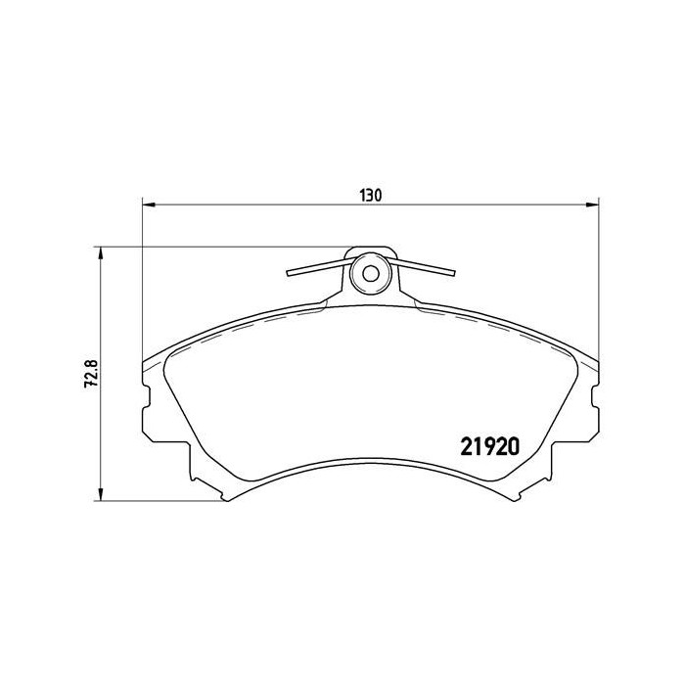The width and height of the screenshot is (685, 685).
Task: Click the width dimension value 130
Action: [369, 195]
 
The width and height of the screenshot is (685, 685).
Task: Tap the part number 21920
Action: [488, 445]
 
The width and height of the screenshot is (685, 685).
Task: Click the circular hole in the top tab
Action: [370, 272]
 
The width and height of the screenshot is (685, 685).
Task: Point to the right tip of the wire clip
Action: [453, 274]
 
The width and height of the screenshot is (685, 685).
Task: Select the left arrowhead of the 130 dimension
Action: [150, 205]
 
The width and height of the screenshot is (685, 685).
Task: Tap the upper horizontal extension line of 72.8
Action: [225, 247]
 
